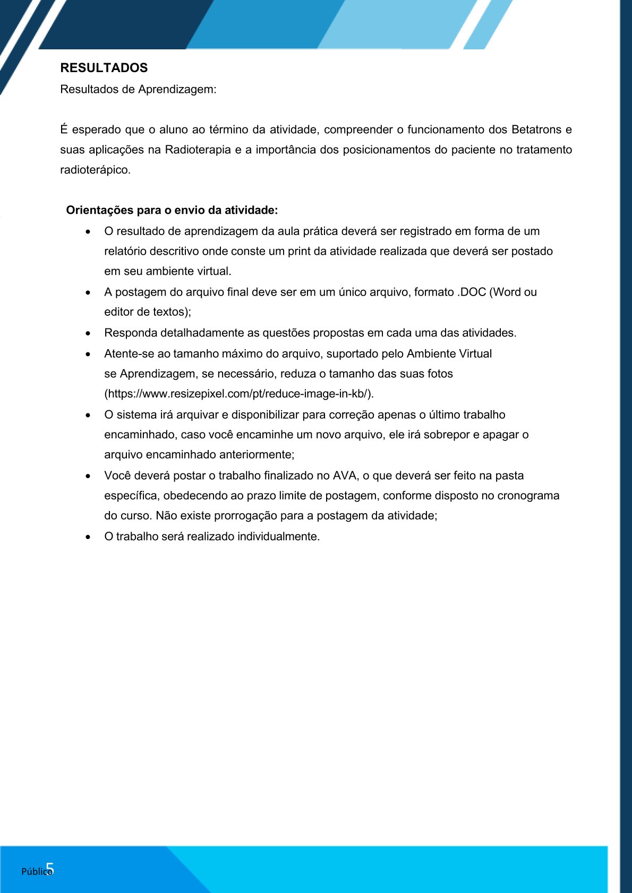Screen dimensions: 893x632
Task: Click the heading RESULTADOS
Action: click(104, 68)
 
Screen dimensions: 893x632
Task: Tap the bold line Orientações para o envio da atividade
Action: click(172, 210)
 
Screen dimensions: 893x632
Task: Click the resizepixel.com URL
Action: click(239, 394)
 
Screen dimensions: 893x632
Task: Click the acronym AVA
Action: click(345, 475)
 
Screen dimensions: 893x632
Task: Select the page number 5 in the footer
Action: click(50, 869)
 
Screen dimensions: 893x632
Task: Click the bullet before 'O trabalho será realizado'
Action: click(88, 537)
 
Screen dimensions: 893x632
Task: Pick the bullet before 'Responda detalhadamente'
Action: click(88, 333)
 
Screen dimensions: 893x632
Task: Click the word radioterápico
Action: click(95, 170)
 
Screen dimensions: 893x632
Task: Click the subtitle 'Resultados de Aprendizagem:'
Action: click(138, 89)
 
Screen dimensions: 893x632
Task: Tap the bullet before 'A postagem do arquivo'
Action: click(88, 292)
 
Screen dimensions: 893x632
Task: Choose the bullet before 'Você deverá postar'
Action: click(88, 476)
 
